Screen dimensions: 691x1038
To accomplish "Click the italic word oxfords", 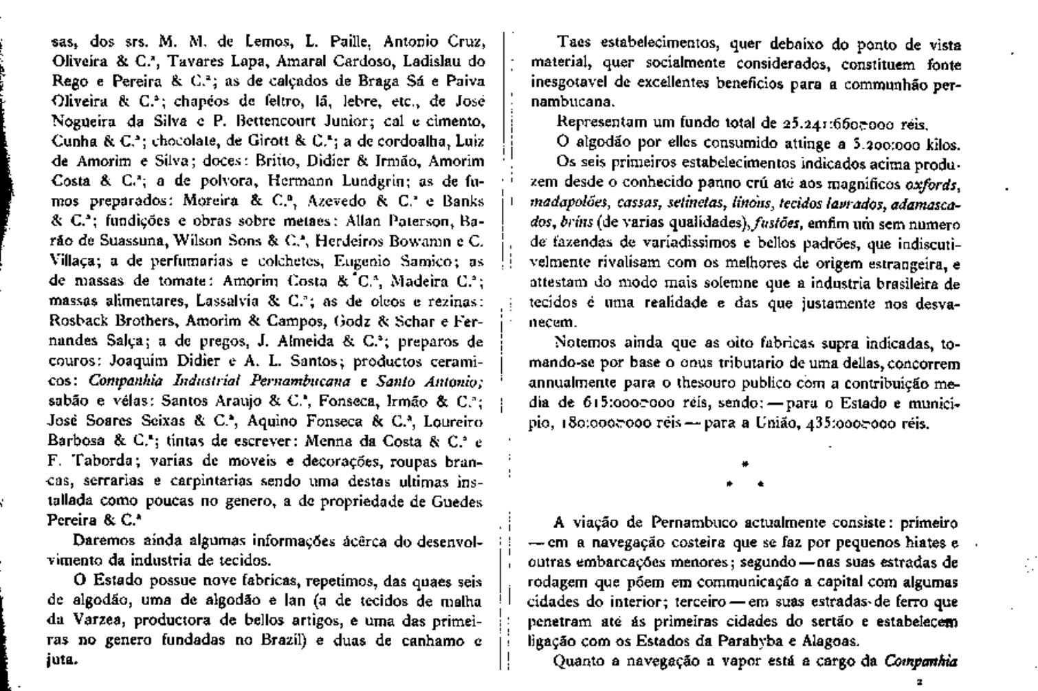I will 932,184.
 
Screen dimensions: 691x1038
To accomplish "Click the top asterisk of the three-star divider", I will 745,464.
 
